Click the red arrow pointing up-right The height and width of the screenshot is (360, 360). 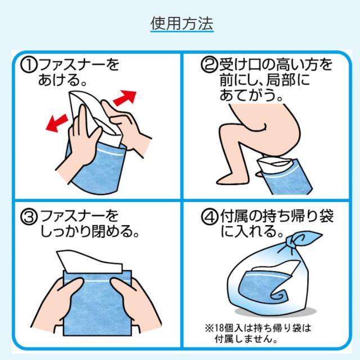tap(125, 98)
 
